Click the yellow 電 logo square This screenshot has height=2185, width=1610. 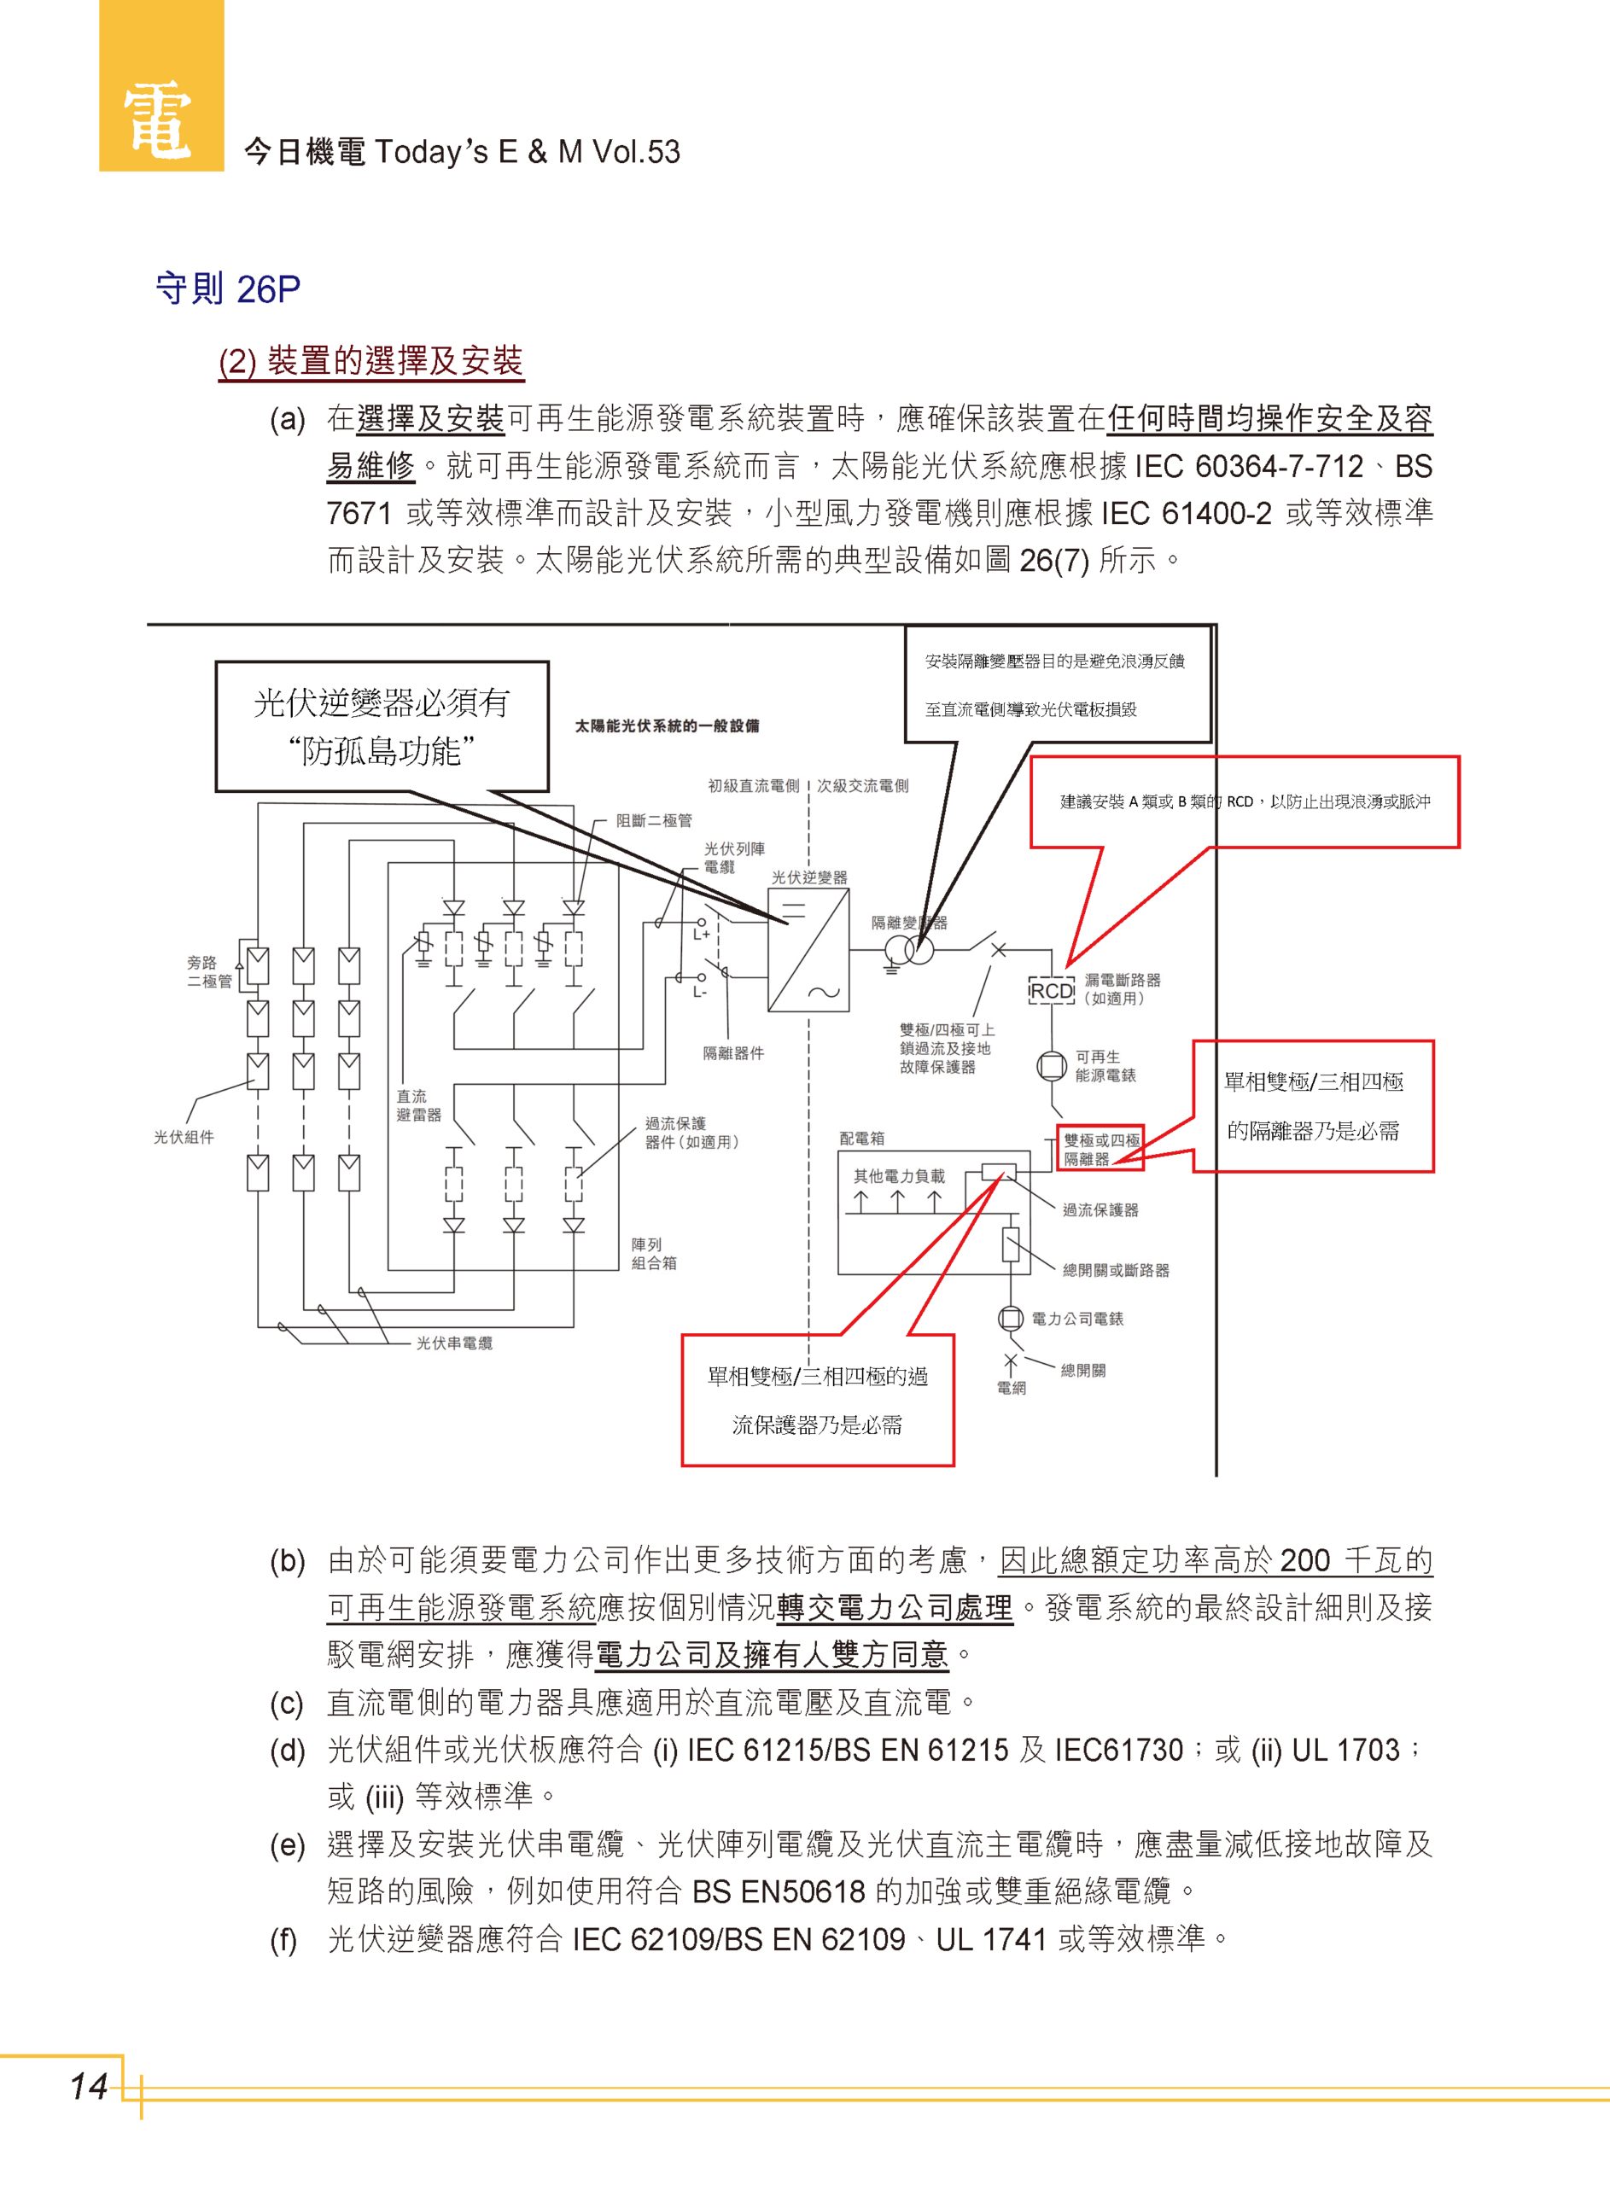click(x=160, y=88)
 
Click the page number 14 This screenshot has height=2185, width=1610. click(x=88, y=2086)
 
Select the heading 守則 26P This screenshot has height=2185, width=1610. click(x=228, y=289)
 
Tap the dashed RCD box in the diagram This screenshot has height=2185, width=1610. click(x=1052, y=991)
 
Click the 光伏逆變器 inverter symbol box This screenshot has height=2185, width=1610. click(x=808, y=951)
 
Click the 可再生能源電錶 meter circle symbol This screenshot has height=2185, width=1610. click(x=1052, y=1066)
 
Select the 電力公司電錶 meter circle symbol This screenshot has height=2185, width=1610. click(x=1011, y=1318)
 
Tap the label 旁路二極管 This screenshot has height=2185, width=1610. click(x=209, y=971)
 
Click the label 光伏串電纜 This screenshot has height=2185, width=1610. click(x=454, y=1343)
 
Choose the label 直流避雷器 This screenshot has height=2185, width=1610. click(x=418, y=1105)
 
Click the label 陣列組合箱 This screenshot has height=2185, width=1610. click(x=654, y=1254)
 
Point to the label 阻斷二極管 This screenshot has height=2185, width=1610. click(x=654, y=820)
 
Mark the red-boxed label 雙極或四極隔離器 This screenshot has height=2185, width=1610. click(x=1100, y=1150)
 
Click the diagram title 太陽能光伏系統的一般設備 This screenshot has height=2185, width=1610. click(x=667, y=725)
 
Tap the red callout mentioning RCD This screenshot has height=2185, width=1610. click(x=1245, y=801)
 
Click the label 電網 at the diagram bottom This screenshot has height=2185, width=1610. click(x=1011, y=1388)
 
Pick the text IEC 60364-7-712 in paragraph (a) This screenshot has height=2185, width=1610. click(x=1250, y=467)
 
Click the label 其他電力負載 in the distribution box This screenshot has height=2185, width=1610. click(x=899, y=1176)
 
